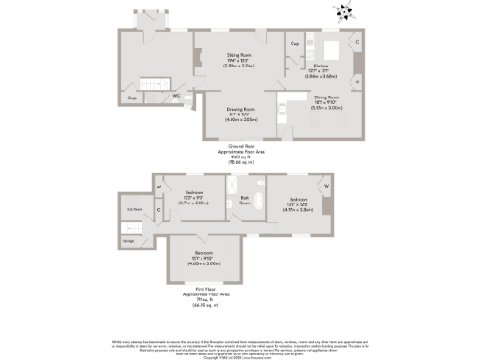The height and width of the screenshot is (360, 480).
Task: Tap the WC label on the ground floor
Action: [176, 96]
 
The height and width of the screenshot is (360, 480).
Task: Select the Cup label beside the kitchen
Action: [294, 44]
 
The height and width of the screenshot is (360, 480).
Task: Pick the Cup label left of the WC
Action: [132, 97]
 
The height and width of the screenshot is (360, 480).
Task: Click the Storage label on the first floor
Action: [127, 241]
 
